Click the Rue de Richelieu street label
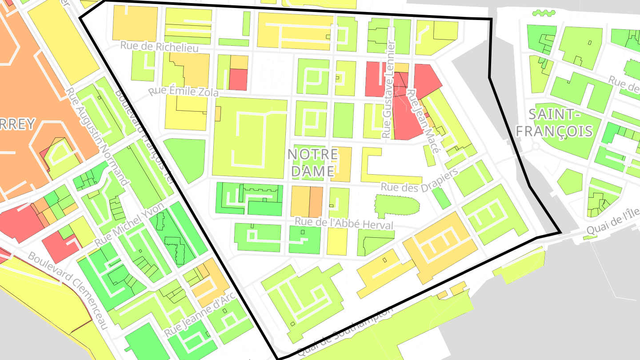(x=160, y=47)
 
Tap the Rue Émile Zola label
(x=184, y=92)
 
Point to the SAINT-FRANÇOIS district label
(x=560, y=123)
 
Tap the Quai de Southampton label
(x=344, y=331)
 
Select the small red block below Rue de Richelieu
(x=238, y=80)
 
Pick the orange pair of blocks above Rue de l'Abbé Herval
(x=307, y=202)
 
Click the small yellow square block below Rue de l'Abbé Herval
(x=337, y=241)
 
